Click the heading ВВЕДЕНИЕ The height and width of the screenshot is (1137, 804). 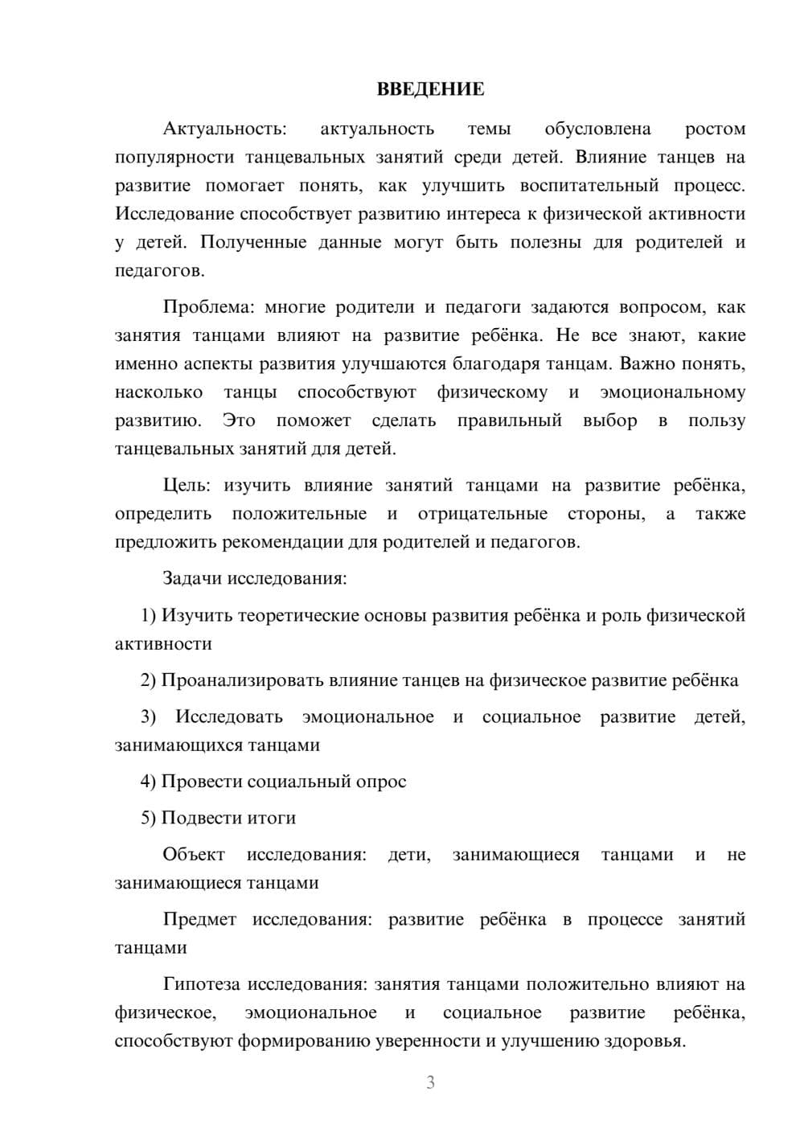[430, 89]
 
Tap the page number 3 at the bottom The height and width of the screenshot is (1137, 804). [430, 1082]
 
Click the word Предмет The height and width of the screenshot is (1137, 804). [199, 919]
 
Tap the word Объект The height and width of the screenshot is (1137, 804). [194, 854]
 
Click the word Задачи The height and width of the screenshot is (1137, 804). [192, 579]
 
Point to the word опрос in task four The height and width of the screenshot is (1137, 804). [381, 782]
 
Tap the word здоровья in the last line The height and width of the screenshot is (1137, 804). [645, 1041]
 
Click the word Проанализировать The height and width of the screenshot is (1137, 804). [242, 681]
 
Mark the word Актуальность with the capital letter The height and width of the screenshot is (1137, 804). [224, 129]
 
